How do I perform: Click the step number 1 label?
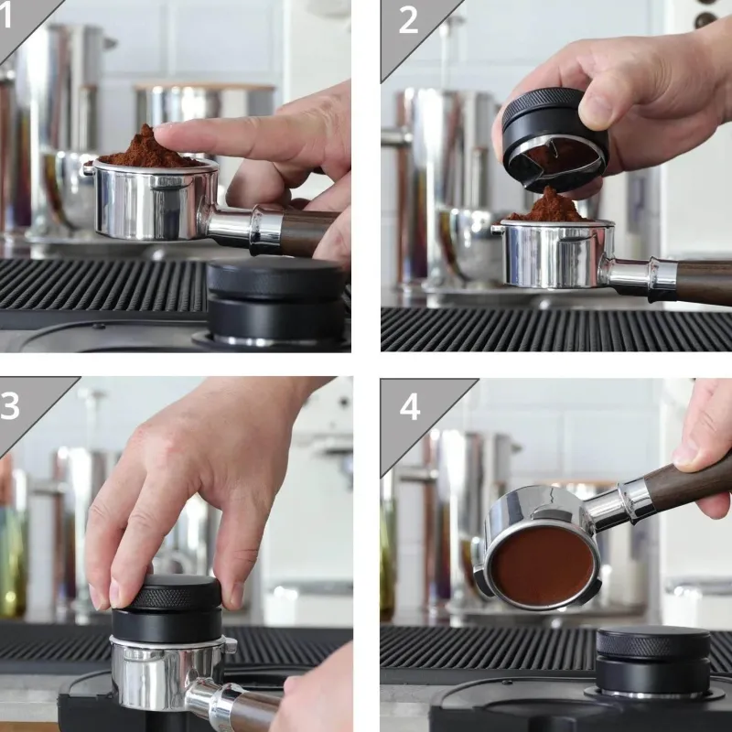tap(5, 15)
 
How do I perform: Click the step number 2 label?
tap(408, 20)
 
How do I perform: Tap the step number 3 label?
tap(9, 405)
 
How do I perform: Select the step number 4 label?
tap(409, 407)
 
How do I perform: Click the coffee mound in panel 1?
tap(148, 150)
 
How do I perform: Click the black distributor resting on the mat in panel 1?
tap(276, 300)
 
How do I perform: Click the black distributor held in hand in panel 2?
tap(554, 140)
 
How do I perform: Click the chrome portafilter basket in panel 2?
tap(554, 253)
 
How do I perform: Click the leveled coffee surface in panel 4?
tap(542, 565)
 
